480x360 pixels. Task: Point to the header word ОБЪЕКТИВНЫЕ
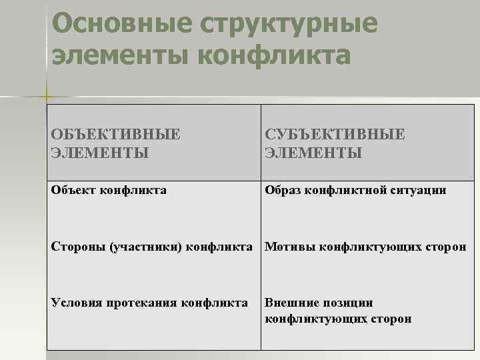[115, 134]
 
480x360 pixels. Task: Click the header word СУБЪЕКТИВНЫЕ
[335, 134]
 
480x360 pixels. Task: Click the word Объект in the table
[73, 191]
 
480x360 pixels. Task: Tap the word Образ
[283, 191]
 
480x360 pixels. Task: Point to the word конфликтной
[346, 191]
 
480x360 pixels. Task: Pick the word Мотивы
[290, 247]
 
